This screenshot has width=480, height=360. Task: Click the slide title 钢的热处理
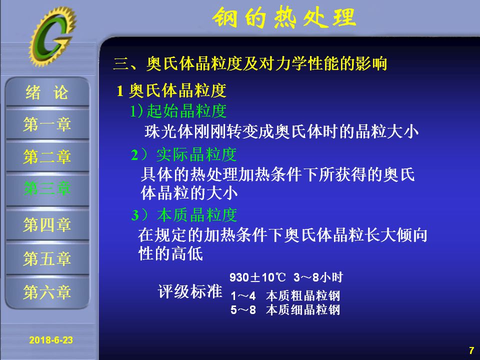point(284,17)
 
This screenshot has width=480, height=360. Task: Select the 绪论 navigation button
point(47,92)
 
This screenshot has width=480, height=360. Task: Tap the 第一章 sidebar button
point(47,124)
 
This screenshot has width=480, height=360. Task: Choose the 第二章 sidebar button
point(47,156)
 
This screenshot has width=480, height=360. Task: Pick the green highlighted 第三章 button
point(47,188)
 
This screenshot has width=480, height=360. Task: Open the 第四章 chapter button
point(47,224)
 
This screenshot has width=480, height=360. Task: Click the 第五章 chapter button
point(47,258)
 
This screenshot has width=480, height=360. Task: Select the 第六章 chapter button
point(47,292)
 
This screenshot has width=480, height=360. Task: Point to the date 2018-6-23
point(51,340)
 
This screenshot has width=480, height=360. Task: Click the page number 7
point(471,350)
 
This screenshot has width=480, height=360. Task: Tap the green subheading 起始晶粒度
point(186,111)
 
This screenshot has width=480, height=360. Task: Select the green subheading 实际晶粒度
point(196,154)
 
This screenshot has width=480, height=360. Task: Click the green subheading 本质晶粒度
point(197,214)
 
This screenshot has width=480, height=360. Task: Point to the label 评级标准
point(190,291)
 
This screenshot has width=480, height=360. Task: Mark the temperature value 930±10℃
point(257,277)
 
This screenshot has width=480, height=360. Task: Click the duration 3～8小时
point(318,277)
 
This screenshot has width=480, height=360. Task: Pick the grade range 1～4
point(243,296)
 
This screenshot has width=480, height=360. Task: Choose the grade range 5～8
point(243,310)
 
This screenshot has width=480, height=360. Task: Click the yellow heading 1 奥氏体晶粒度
point(171,90)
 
